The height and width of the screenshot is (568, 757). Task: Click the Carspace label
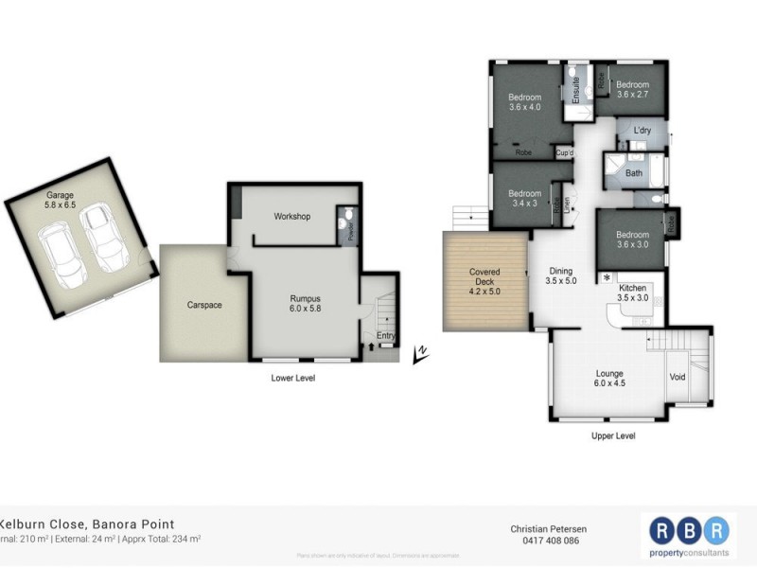192,307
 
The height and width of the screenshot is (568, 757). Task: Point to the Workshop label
291,217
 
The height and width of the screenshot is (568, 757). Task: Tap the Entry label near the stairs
386,335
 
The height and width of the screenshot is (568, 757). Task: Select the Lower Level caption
291,379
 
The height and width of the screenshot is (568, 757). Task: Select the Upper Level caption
612,436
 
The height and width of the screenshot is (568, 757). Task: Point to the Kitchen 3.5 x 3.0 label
633,293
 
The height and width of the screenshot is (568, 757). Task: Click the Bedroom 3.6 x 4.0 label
524,102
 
